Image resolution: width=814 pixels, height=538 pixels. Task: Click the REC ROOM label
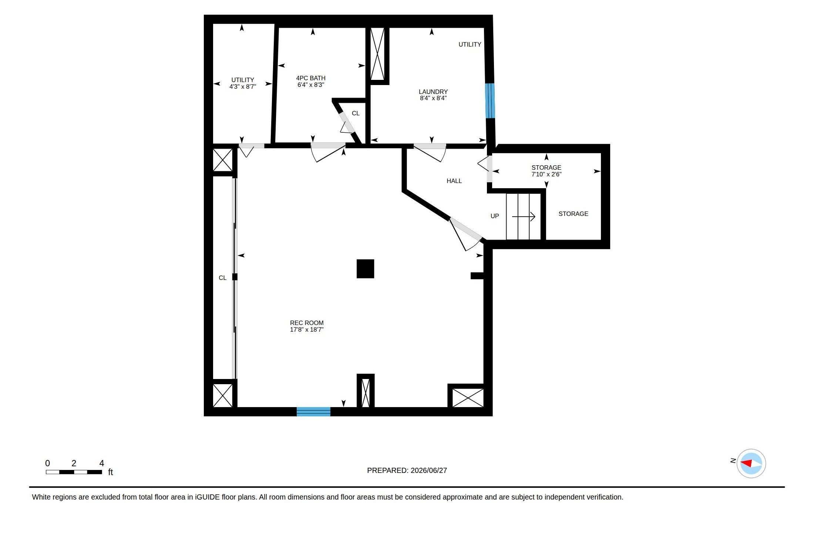coord(307,323)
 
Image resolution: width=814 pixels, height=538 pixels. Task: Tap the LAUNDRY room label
coord(433,92)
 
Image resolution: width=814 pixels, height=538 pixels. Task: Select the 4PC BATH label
coord(311,78)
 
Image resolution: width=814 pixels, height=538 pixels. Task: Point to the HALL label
coord(454,181)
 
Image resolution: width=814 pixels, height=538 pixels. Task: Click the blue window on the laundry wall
coord(490,101)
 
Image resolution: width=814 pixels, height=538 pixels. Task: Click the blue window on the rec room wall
coord(313,412)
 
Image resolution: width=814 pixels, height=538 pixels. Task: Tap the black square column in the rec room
coord(365,269)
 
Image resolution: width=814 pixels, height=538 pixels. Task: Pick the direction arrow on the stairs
coord(524,217)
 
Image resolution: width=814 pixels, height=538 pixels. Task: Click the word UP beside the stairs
coord(495,216)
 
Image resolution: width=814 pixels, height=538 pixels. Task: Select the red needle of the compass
coord(746,463)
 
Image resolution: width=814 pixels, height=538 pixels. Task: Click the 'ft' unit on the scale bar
coord(110,472)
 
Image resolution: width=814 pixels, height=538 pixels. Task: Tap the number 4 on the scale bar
coord(102,463)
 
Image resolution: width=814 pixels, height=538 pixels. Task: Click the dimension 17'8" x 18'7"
coord(307,329)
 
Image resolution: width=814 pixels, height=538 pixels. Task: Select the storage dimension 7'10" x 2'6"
coord(546,174)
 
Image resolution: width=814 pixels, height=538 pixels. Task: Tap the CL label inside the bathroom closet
coord(356,113)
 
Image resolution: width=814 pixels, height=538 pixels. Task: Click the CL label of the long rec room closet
coord(222,278)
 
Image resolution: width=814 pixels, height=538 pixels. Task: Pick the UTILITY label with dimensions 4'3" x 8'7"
coord(243,80)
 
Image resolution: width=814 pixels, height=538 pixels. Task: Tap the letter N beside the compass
coord(733,461)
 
